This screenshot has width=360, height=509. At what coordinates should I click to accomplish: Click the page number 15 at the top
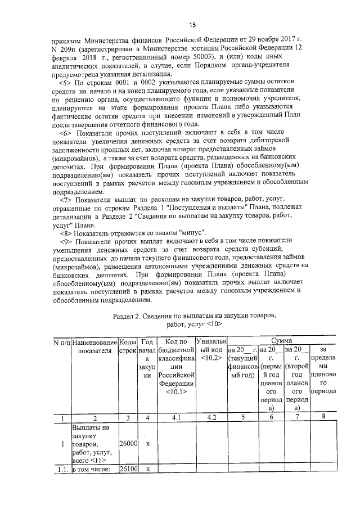191,25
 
